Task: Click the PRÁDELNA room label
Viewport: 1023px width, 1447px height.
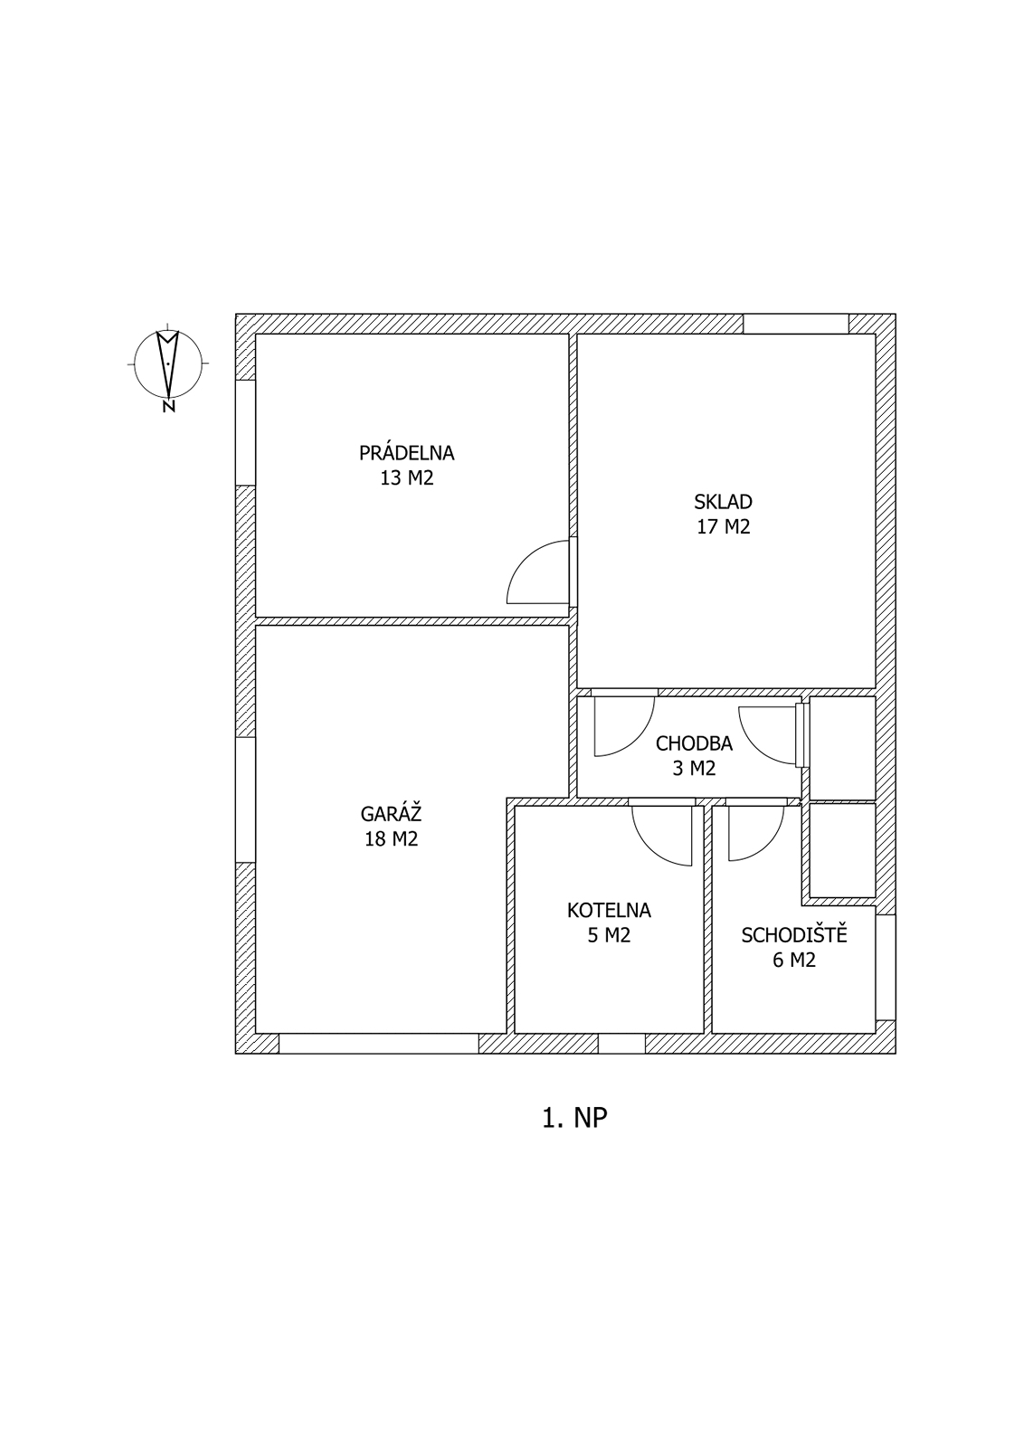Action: [x=406, y=452]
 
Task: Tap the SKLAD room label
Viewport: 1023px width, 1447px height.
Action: [x=723, y=501]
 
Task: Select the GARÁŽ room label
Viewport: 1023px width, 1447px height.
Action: [x=391, y=812]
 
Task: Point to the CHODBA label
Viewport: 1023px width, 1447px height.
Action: [x=694, y=743]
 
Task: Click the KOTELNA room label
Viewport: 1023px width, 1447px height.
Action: [x=609, y=910]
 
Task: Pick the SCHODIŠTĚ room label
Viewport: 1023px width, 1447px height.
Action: [x=793, y=934]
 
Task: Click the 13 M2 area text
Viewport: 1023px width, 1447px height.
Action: [x=406, y=478]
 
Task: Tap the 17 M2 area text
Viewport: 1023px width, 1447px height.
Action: [x=723, y=526]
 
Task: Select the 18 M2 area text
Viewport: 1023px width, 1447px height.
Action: [x=391, y=838]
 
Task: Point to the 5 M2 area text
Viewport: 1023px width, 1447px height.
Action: [x=609, y=935]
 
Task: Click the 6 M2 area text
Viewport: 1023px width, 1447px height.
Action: [x=793, y=960]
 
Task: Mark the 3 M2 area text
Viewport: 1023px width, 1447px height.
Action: [x=694, y=768]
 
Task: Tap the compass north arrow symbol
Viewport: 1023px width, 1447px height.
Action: [x=168, y=363]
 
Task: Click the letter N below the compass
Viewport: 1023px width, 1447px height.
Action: [x=168, y=406]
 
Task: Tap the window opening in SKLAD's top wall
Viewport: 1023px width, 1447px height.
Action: [x=796, y=324]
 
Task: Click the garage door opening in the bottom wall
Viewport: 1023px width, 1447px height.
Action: [x=379, y=1044]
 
